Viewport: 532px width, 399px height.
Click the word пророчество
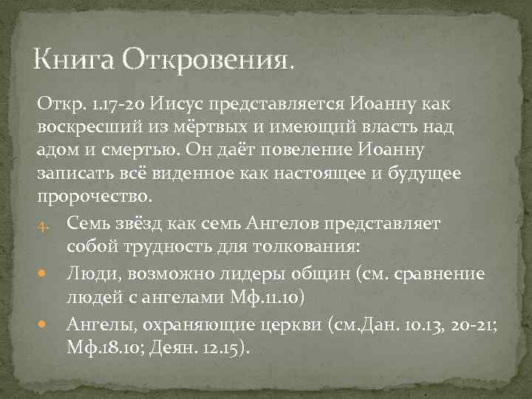[x=94, y=197]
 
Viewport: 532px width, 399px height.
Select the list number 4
[x=44, y=224]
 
